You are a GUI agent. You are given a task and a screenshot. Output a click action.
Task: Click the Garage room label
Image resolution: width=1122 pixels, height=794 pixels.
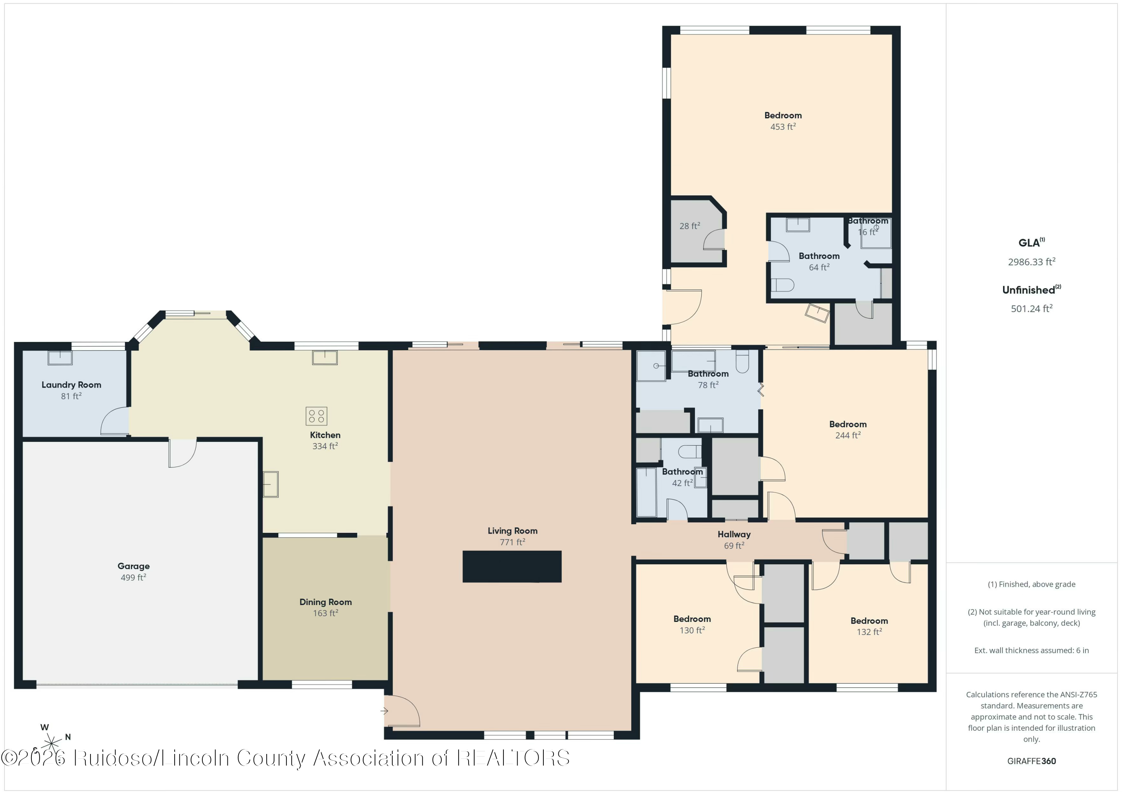[x=134, y=566]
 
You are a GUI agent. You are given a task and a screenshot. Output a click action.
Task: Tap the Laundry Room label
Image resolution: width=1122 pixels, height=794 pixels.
[x=71, y=385]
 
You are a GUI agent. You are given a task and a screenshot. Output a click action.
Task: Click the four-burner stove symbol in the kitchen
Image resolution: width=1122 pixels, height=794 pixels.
[x=316, y=416]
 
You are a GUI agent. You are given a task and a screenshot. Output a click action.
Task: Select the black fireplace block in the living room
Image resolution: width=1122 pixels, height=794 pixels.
[x=512, y=566]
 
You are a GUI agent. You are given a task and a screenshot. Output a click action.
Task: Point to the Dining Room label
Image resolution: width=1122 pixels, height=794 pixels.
[x=325, y=602]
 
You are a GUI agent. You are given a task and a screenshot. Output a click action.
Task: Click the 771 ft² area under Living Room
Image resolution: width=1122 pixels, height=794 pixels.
[x=512, y=542]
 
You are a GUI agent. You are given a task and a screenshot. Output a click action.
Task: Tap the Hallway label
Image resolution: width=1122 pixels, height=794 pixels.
[x=734, y=534]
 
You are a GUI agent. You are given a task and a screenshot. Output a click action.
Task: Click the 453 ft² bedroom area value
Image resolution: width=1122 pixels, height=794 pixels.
[x=783, y=126]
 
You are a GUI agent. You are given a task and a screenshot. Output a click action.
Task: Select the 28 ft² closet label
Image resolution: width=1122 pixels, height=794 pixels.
[x=690, y=226]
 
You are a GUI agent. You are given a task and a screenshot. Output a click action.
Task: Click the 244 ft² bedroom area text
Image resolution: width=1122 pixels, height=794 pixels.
[x=848, y=435]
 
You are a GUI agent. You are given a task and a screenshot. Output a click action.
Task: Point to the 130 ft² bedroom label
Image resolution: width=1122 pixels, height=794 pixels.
[x=692, y=630]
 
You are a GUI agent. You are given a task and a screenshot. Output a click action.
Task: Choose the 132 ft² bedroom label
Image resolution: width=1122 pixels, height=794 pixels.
[x=869, y=632]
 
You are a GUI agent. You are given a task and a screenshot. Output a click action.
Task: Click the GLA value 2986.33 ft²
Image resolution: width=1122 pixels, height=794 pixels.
[x=1031, y=262]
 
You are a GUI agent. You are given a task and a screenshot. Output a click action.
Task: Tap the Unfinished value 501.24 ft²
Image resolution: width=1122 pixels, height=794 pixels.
[x=1031, y=308]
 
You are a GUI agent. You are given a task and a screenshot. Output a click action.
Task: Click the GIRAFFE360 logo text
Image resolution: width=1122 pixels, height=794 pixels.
[x=1031, y=761]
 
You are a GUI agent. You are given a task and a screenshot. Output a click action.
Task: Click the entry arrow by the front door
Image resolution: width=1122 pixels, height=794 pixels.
[x=384, y=711]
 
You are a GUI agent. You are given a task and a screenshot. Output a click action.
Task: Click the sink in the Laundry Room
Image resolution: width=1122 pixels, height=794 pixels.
[x=60, y=358]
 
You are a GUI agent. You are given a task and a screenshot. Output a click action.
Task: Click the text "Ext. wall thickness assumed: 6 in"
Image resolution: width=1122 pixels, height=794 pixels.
[x=1031, y=650]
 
